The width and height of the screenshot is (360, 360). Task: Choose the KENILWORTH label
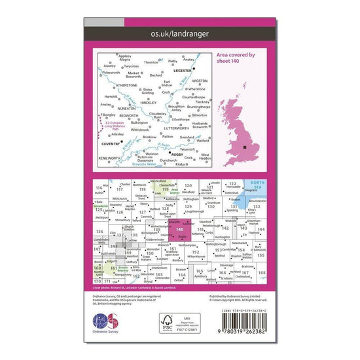point(109,158)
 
